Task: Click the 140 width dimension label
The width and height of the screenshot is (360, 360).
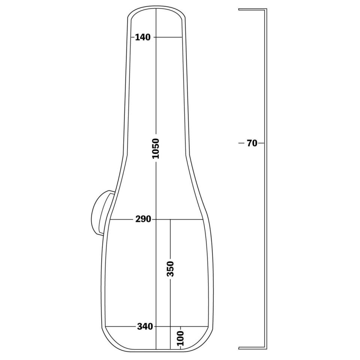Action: (x=142, y=37)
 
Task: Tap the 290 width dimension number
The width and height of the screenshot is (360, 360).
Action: (x=143, y=219)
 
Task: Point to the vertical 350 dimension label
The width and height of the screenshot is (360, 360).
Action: (x=170, y=268)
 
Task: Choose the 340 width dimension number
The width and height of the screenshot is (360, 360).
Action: (x=145, y=326)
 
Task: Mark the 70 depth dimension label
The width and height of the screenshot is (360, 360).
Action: (x=252, y=143)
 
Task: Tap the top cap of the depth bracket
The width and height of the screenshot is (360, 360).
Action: (x=252, y=9)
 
